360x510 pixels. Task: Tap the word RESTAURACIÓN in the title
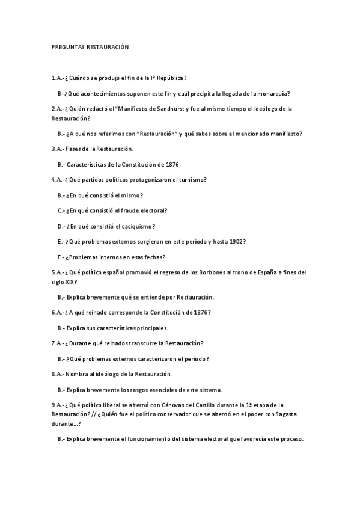pos(108,46)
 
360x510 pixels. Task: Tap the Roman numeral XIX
pos(70,281)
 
